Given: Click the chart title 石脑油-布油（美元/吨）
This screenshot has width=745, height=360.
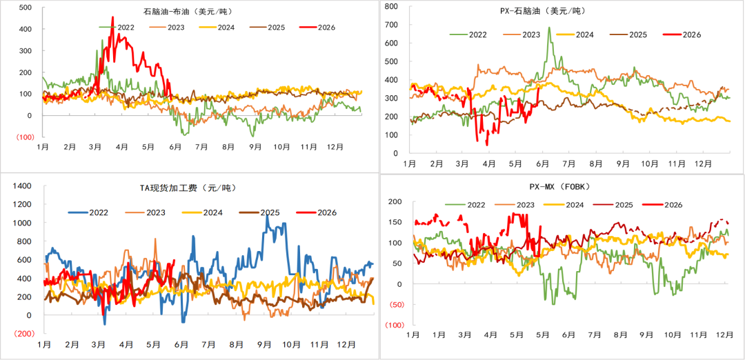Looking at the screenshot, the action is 188,11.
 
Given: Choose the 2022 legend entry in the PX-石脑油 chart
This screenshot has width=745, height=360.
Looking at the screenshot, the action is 468,34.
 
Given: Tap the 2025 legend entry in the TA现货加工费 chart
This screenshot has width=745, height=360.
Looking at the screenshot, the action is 259,212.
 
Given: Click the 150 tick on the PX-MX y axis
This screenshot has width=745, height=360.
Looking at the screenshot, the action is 396,222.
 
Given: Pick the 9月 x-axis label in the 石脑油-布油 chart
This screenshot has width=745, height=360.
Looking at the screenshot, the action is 256,147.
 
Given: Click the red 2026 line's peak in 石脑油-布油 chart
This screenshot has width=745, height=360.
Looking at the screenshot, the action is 112,17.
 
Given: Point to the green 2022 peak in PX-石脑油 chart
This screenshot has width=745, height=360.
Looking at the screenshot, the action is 549,28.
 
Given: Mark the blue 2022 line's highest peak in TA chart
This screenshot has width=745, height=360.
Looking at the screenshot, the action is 267,215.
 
